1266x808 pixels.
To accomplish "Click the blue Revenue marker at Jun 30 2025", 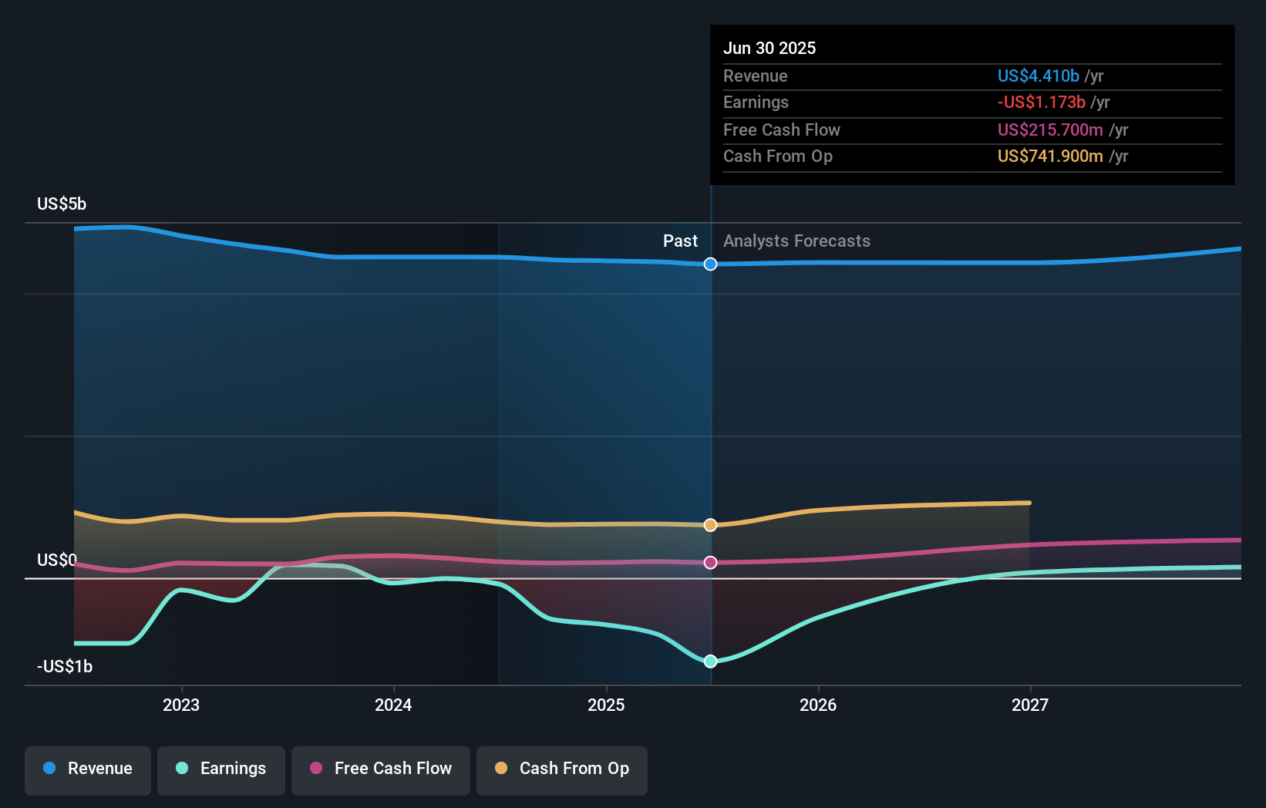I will pos(710,264).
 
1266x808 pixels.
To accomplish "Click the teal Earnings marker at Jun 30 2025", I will pos(710,662).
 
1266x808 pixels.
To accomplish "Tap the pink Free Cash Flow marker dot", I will pos(710,563).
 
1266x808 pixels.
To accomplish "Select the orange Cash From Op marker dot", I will pos(710,525).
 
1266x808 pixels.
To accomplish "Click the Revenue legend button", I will pos(88,769).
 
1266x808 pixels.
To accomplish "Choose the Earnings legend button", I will pos(221,769).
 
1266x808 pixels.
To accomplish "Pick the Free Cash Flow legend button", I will pos(381,769).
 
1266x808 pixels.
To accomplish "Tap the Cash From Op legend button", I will pos(562,769).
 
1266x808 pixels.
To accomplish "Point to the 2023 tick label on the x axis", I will pos(181,705).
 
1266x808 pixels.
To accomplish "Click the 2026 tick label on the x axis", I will pos(818,705).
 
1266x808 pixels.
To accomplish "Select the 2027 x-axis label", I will pos(1030,705).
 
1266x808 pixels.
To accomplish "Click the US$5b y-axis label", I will pos(62,204).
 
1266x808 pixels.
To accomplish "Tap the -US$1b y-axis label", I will pos(65,666).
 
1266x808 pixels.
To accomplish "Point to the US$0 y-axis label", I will pos(57,560).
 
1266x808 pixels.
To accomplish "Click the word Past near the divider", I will pos(680,241).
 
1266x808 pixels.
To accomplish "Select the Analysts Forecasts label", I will pos(796,241).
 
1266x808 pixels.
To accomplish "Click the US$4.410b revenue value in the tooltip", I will pos(1038,76).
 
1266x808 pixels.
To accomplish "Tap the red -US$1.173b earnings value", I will pos(1041,102).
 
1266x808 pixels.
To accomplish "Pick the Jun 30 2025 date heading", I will pos(769,48).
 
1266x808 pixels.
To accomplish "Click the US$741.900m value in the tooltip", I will pos(1050,156).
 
